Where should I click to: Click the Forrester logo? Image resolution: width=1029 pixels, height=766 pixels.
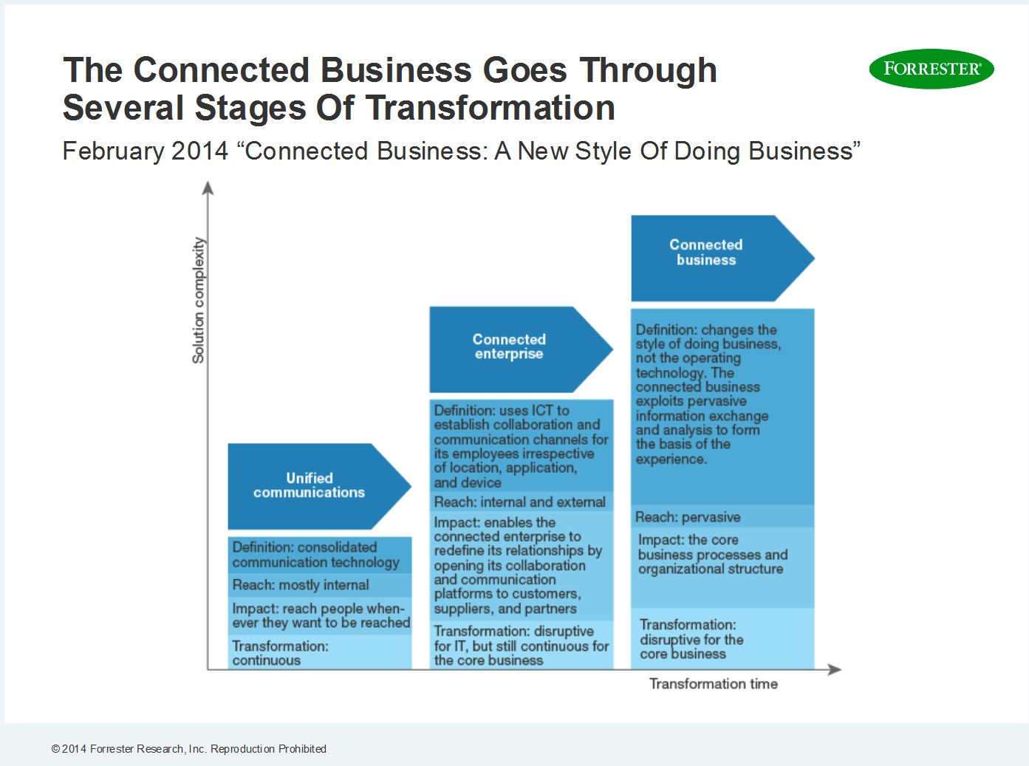(931, 69)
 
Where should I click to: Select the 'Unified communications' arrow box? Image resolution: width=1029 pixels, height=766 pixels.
(319, 486)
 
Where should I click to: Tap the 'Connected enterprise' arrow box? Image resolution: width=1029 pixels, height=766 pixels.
(521, 349)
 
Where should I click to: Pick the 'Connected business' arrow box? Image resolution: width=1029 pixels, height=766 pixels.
(722, 258)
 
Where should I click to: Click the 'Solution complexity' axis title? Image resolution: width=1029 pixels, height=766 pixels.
(198, 300)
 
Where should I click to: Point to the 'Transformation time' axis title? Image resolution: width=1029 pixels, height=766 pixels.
(713, 684)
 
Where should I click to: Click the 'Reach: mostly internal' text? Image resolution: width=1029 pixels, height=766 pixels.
(301, 585)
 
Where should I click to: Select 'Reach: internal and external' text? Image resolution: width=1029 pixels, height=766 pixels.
(519, 502)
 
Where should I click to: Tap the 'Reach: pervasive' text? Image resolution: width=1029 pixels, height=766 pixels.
(688, 517)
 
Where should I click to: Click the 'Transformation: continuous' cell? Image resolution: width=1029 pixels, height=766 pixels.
(320, 652)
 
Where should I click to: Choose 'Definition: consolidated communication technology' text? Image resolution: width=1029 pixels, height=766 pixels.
(315, 555)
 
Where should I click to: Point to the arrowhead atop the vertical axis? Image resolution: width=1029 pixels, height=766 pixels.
(208, 188)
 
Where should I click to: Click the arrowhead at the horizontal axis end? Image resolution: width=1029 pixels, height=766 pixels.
(835, 669)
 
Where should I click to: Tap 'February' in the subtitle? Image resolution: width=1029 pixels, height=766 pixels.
(113, 151)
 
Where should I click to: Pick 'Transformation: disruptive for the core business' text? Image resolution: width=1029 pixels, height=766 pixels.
(691, 639)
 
